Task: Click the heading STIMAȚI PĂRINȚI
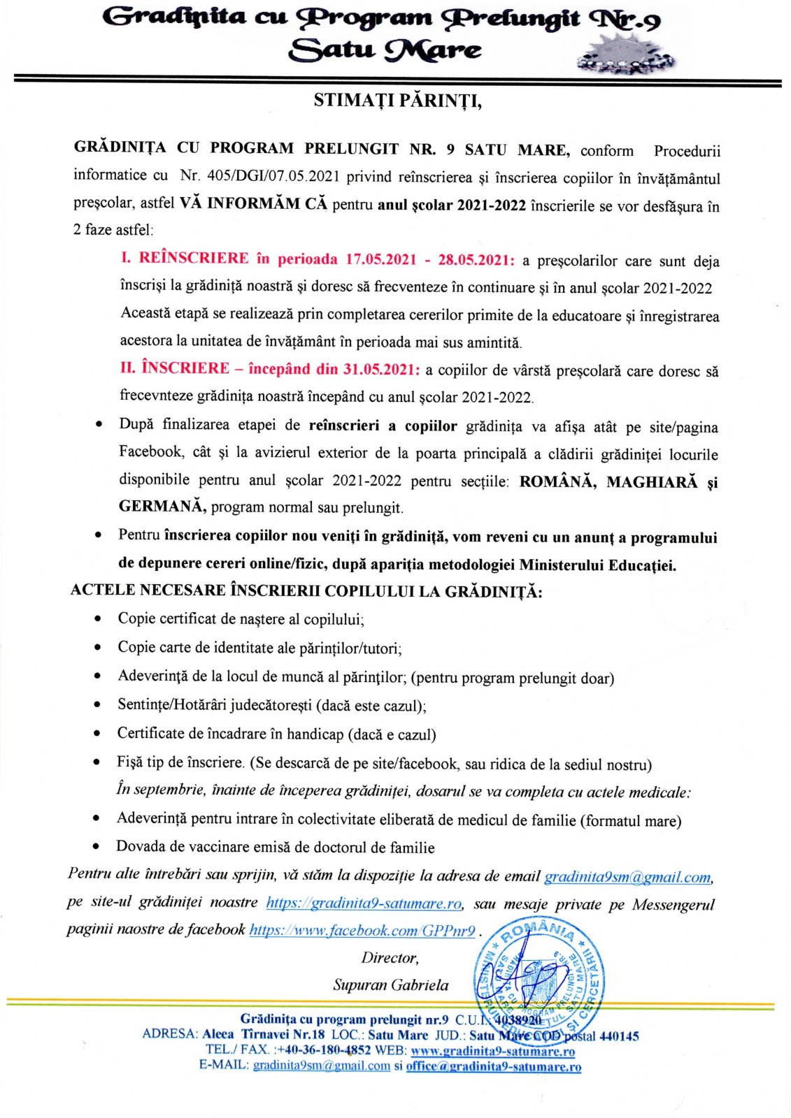397,101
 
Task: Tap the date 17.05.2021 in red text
381,259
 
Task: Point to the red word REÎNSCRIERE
194,258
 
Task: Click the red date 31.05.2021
381,369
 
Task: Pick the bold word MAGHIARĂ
652,482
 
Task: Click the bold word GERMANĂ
162,506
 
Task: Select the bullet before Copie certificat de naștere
98,618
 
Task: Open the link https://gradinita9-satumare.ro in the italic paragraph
364,903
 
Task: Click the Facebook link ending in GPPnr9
362,930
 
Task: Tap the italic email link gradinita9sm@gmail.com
627,876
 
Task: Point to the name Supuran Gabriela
391,985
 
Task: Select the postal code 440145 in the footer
619,1036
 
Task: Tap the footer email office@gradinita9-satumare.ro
493,1066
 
